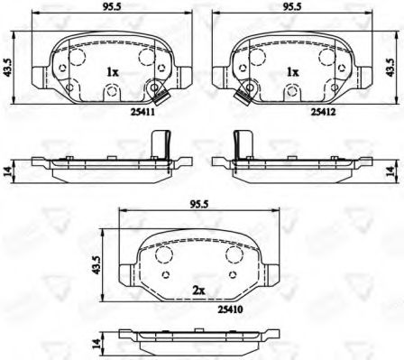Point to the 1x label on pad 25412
[x=293, y=70]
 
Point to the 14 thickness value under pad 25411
[x=6, y=171]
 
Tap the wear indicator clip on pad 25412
[x=243, y=94]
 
